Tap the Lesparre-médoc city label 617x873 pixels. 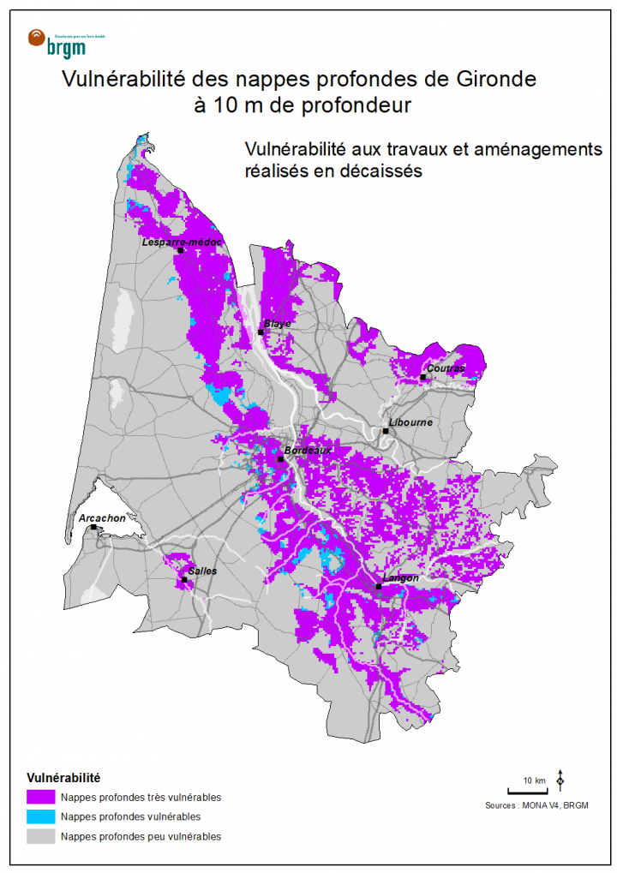pyautogui.click(x=182, y=242)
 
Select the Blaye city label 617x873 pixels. pyautogui.click(x=278, y=324)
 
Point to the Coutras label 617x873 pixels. pyautogui.click(x=446, y=368)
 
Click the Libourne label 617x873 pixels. pyautogui.click(x=410, y=423)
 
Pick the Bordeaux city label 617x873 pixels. pyautogui.click(x=307, y=450)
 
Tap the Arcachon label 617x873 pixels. pyautogui.click(x=101, y=518)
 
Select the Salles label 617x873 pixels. pyautogui.click(x=202, y=571)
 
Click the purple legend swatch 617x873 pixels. pyautogui.click(x=40, y=797)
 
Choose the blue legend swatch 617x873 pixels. pyautogui.click(x=40, y=816)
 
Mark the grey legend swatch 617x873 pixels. pyautogui.click(x=40, y=836)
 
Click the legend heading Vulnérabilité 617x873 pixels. pyautogui.click(x=64, y=779)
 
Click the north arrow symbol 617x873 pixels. pyautogui.click(x=560, y=780)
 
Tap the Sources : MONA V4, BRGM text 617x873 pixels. pyautogui.click(x=536, y=805)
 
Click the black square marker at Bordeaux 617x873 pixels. pyautogui.click(x=280, y=459)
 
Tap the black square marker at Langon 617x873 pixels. pyautogui.click(x=378, y=587)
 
